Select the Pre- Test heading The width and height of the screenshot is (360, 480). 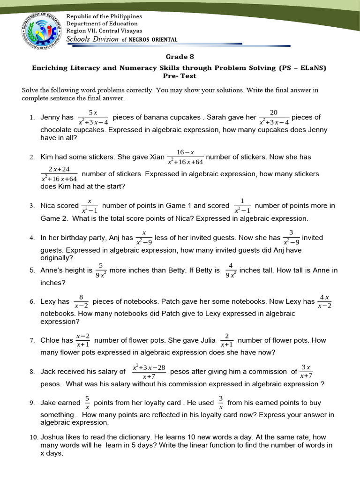179,76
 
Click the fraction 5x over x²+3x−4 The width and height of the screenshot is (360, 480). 93,117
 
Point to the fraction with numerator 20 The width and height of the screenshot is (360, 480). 274,117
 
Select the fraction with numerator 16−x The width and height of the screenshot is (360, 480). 185,157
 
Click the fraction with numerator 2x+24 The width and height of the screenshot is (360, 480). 59,174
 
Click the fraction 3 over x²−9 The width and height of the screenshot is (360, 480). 291,238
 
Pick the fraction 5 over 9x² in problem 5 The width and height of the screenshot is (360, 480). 101,270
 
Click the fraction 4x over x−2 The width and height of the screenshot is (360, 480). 324,302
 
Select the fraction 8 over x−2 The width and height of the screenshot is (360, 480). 81,302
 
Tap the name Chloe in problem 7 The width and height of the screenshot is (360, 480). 51,340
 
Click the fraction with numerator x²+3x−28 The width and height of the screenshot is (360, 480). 149,372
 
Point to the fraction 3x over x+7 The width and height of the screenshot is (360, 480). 306,372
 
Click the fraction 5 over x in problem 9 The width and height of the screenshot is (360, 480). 87,403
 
